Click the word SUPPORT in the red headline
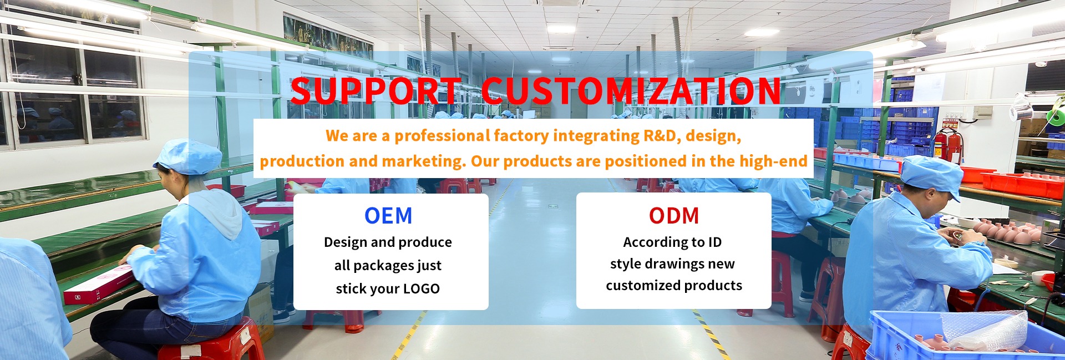(x=376, y=91)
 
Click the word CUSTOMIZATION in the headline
(x=631, y=91)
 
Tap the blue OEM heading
(x=388, y=216)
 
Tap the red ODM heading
(x=674, y=216)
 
